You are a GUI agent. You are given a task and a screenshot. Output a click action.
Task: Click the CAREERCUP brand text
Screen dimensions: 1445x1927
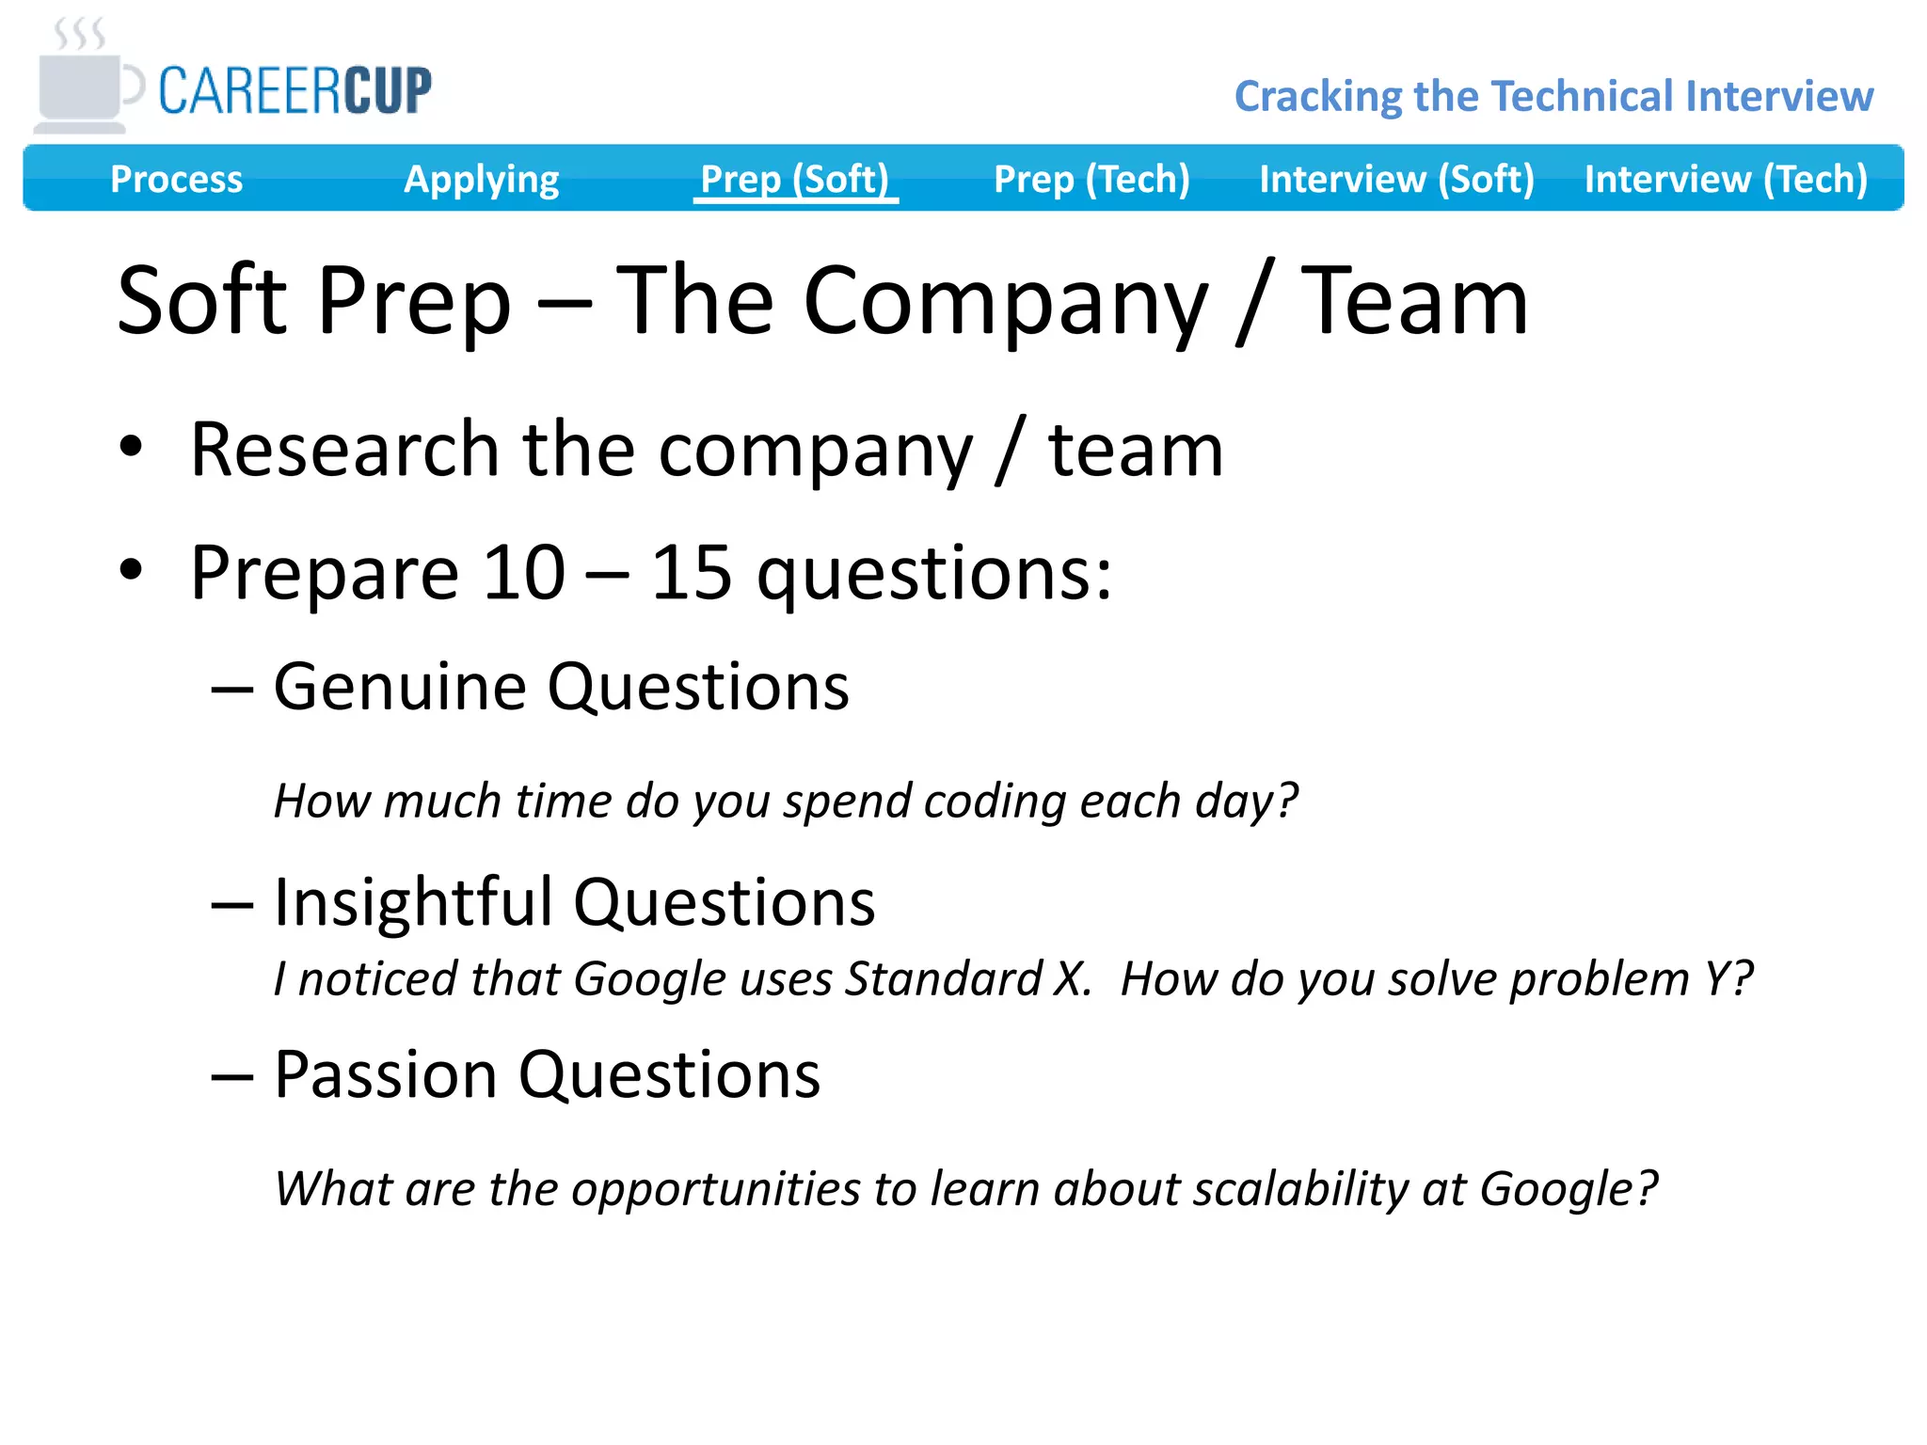tap(295, 91)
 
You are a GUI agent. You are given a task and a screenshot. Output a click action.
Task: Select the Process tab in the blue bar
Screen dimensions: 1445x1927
tap(176, 179)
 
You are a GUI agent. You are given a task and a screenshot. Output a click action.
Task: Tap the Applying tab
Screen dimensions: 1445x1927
tap(481, 179)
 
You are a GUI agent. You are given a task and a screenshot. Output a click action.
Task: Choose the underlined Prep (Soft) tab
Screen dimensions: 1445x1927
tap(795, 179)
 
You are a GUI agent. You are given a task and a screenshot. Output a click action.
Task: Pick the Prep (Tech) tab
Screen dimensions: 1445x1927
tap(1091, 179)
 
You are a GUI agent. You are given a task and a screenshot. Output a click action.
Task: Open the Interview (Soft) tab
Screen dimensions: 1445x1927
tap(1396, 179)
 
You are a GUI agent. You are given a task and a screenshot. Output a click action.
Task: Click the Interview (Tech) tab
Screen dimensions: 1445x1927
tap(1726, 179)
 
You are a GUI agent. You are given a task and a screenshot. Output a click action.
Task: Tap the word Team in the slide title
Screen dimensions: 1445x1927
tap(1414, 301)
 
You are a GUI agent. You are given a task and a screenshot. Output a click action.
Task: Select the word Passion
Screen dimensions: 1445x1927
tap(385, 1074)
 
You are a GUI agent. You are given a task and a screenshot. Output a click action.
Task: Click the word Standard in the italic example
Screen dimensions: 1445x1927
tap(944, 979)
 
